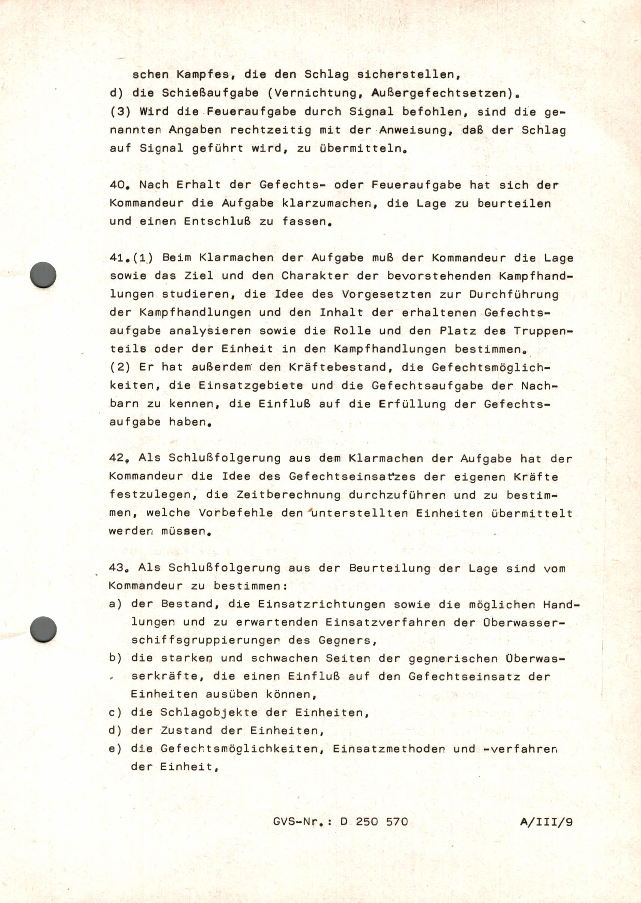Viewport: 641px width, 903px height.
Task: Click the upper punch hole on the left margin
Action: tap(43, 274)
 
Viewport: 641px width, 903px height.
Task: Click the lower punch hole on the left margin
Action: tap(43, 629)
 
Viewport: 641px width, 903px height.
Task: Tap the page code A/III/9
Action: tap(546, 822)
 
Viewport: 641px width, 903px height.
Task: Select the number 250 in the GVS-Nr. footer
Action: tap(367, 821)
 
